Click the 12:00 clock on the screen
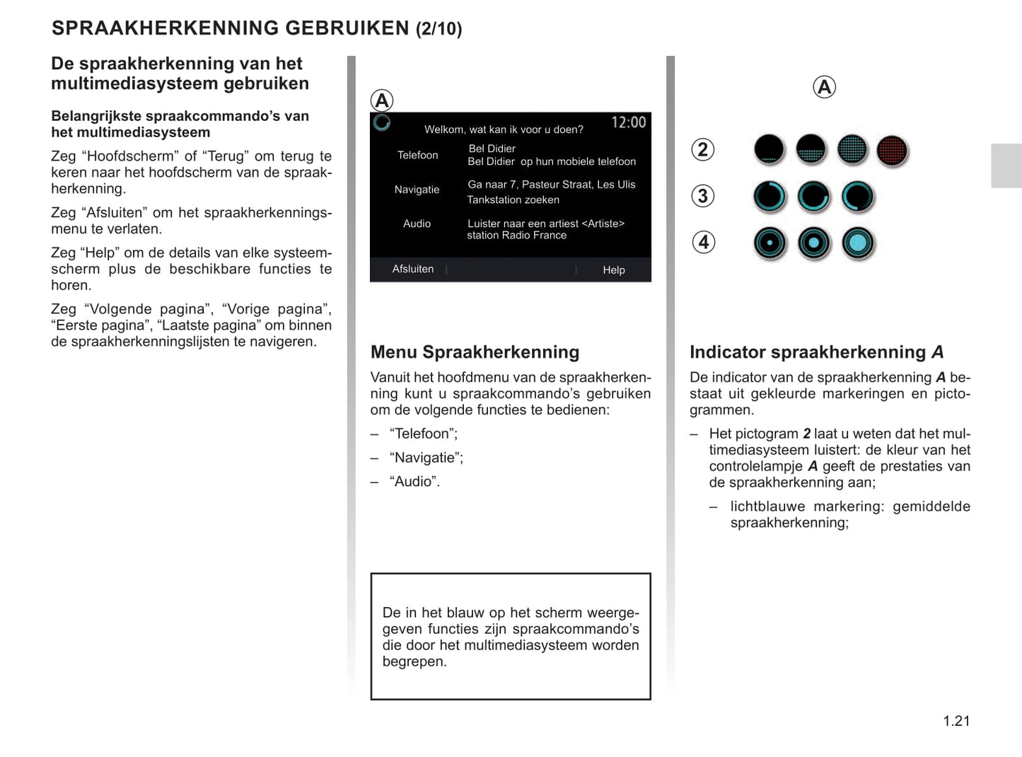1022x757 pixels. click(x=628, y=122)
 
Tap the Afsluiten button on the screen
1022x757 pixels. click(x=413, y=269)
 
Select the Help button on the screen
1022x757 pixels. click(x=613, y=270)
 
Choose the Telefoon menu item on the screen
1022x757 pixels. click(x=417, y=155)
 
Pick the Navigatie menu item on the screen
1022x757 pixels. click(x=417, y=190)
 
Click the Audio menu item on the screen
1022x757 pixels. click(x=417, y=224)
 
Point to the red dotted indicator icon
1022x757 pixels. click(x=892, y=150)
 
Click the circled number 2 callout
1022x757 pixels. click(x=702, y=149)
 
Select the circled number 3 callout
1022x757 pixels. click(x=702, y=196)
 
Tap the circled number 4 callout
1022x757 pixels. click(x=703, y=242)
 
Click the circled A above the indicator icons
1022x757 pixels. click(x=824, y=87)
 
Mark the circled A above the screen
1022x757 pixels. click(x=382, y=100)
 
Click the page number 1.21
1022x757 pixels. click(x=956, y=721)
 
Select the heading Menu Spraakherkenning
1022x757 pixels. click(x=475, y=352)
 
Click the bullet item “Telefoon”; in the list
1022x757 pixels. click(x=423, y=434)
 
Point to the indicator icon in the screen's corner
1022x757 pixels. click(x=382, y=122)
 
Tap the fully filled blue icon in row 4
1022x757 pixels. click(x=858, y=243)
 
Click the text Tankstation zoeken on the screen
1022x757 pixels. click(x=513, y=200)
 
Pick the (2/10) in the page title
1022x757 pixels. click(x=439, y=29)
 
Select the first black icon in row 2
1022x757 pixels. click(x=769, y=150)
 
